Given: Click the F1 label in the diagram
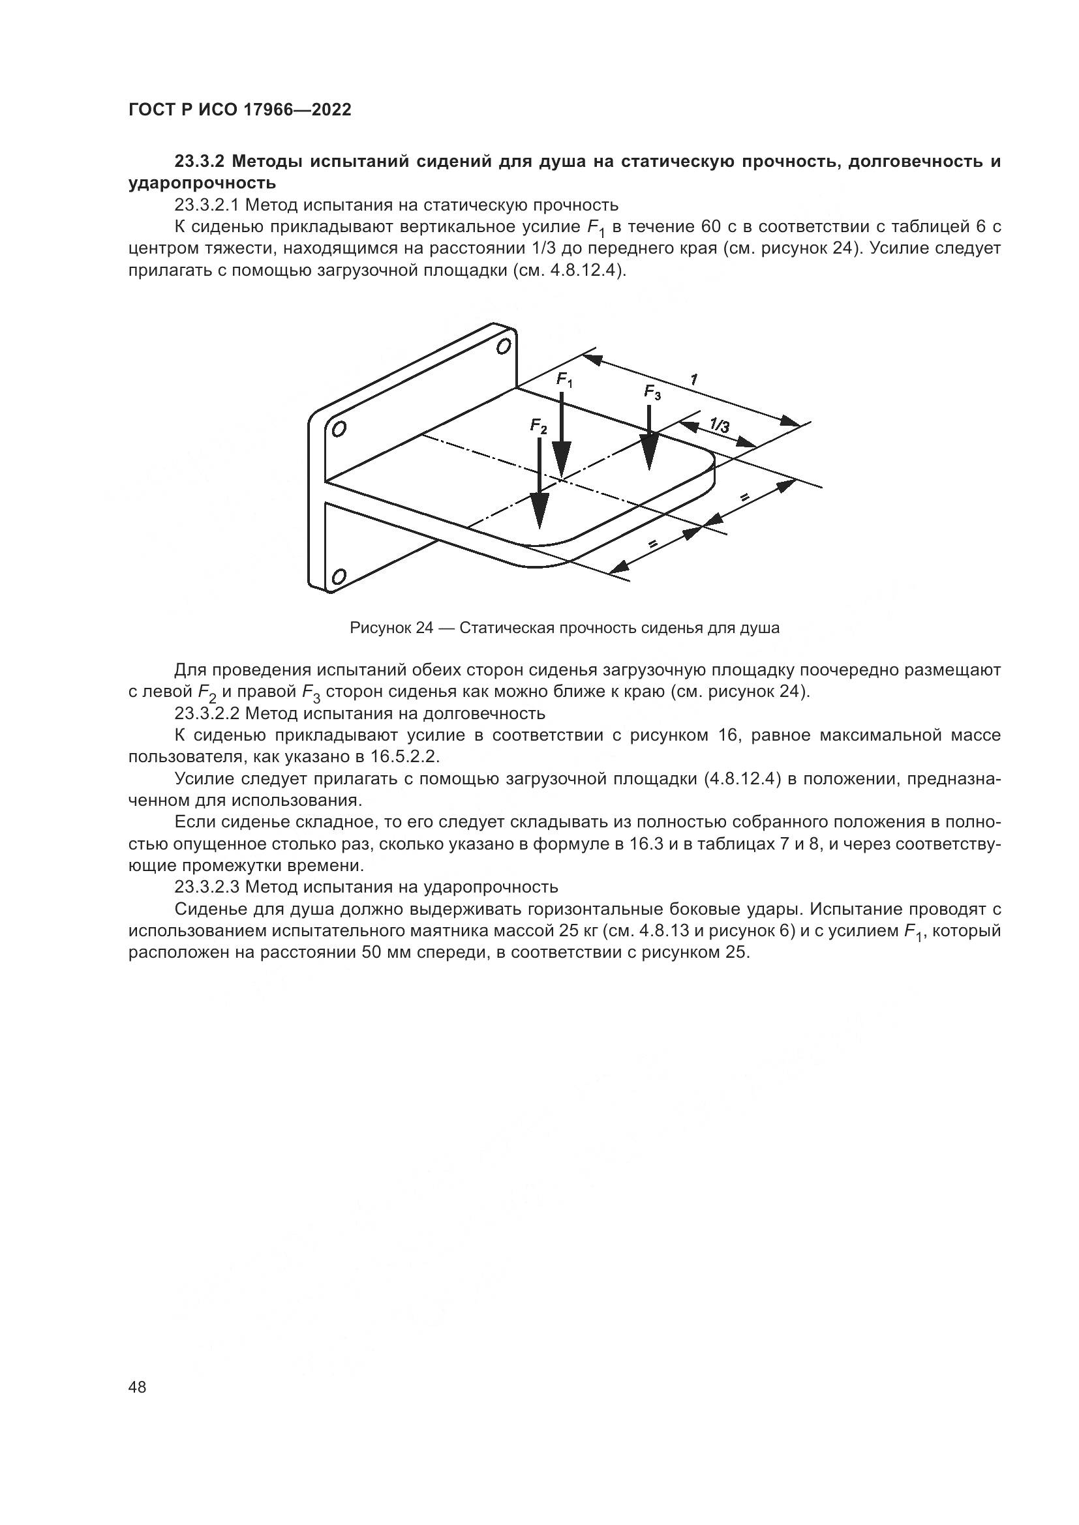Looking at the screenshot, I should (x=565, y=380).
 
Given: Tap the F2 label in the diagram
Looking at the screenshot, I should (x=539, y=426).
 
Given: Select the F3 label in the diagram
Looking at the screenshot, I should (x=652, y=392).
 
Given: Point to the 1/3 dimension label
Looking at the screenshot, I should (x=719, y=424).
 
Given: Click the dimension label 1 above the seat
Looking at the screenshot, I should (x=693, y=379).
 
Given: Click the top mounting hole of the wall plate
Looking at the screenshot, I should (x=504, y=346).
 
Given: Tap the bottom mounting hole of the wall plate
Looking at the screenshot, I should (x=338, y=576).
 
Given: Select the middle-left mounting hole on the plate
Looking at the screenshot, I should (x=339, y=429).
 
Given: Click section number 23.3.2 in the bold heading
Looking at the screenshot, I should (x=201, y=162).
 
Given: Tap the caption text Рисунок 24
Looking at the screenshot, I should (x=391, y=628).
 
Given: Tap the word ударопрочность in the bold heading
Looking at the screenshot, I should (x=202, y=183).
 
